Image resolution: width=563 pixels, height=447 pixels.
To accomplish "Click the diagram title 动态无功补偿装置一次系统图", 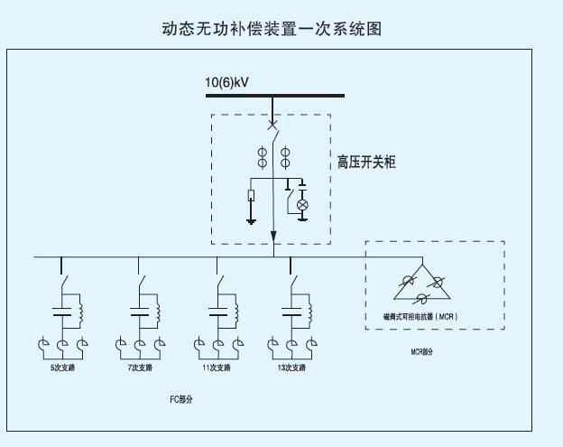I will [x=272, y=29].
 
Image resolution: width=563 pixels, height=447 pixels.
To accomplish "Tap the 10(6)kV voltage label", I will [x=226, y=83].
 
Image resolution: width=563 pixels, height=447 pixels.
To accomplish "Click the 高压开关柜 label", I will [x=366, y=163].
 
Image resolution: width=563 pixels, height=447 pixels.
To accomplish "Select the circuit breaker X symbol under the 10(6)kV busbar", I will [x=272, y=126].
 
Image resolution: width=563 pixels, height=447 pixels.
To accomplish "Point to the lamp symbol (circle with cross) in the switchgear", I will [x=302, y=205].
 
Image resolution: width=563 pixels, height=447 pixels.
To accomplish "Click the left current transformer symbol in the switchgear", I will [x=263, y=156].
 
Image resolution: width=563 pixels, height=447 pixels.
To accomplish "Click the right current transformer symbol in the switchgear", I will [x=286, y=156].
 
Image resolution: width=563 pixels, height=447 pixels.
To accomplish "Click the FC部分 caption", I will [x=181, y=398].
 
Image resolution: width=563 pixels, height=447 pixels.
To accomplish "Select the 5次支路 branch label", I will [x=62, y=368].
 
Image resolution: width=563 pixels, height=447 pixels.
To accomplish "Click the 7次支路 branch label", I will [x=140, y=368].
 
